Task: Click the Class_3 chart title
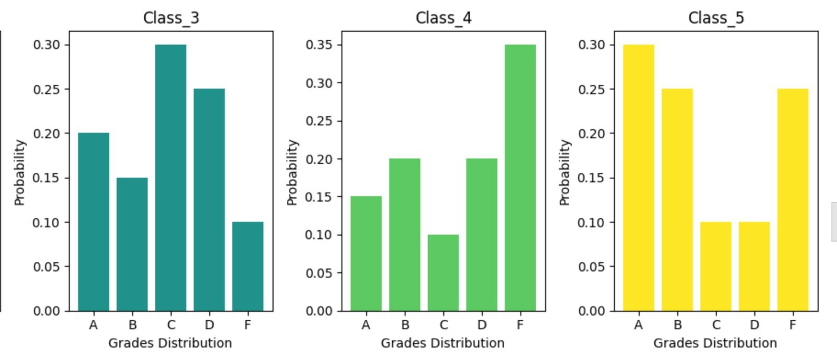tap(171, 18)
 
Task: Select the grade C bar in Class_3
tap(171, 178)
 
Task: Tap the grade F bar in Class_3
tap(247, 266)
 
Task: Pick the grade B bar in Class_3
tap(132, 244)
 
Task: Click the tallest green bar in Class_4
tap(520, 178)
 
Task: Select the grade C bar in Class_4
tap(443, 273)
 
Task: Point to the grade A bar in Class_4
tap(366, 254)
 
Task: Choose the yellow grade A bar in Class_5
tap(638, 178)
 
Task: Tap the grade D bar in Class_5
tap(754, 266)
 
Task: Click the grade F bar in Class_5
tap(793, 200)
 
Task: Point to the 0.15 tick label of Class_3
tap(47, 178)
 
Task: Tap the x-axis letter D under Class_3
tap(209, 325)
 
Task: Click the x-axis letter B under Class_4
tap(405, 325)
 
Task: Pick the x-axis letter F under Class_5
tap(793, 325)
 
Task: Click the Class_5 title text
tap(716, 18)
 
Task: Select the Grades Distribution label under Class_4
tap(443, 343)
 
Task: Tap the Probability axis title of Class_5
tap(564, 173)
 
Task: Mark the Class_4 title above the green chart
tap(444, 18)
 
